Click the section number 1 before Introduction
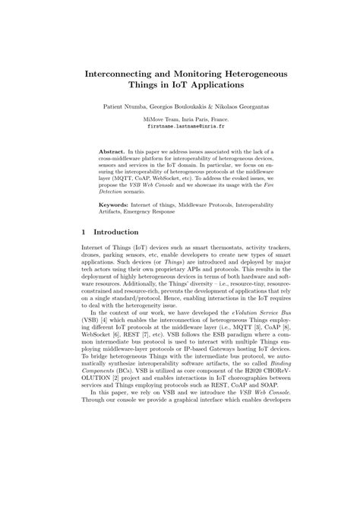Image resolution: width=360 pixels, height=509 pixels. (x=83, y=232)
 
